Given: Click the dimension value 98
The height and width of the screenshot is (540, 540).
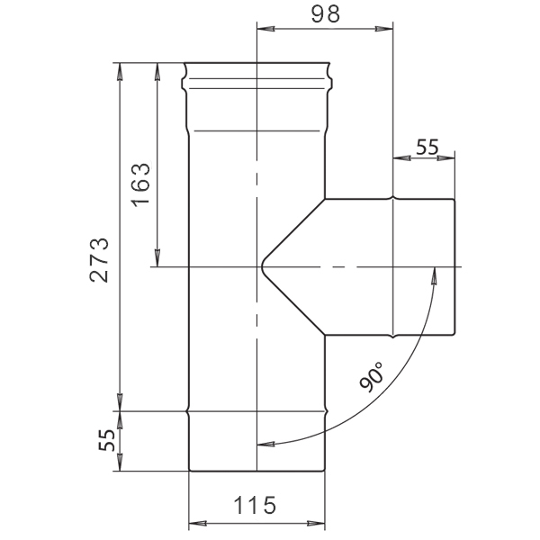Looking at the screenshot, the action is [x=326, y=14].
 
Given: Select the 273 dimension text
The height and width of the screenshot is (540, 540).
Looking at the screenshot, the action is [x=100, y=260].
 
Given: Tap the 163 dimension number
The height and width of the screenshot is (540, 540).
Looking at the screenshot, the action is [x=141, y=184].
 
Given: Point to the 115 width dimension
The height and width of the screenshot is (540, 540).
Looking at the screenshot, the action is [x=255, y=505].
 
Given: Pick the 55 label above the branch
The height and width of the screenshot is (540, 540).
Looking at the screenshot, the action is [x=427, y=147].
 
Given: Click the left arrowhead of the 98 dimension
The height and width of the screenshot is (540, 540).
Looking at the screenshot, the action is [x=265, y=30].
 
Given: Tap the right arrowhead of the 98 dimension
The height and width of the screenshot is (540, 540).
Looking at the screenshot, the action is [x=384, y=30].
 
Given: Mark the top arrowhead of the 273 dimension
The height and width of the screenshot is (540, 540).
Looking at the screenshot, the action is [x=120, y=72].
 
